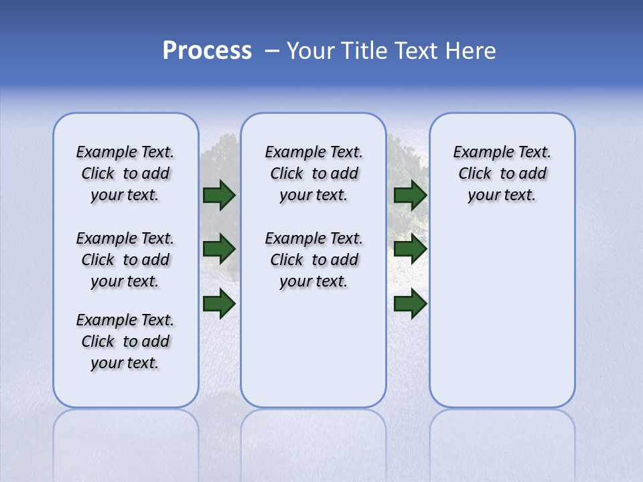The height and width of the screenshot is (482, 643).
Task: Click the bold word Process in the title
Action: coord(207,51)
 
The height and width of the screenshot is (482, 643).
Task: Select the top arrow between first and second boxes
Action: coord(219,195)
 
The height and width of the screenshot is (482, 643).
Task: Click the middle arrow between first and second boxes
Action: coord(219,250)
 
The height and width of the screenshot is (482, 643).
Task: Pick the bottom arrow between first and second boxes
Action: coord(219,304)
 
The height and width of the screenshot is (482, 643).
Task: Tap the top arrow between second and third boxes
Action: coord(411,195)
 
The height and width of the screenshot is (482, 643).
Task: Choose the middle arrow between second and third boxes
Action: coord(411,250)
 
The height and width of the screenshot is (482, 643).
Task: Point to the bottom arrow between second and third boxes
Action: coord(411,304)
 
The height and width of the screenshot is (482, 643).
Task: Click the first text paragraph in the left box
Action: coord(125,173)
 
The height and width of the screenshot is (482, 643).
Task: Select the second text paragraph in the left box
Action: coord(125,260)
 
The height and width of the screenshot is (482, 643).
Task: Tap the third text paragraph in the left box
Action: coord(125,341)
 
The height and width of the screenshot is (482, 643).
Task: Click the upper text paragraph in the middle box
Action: coord(313,173)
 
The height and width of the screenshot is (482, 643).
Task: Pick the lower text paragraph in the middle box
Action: coord(313,260)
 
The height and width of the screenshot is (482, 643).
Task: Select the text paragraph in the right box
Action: coord(502,173)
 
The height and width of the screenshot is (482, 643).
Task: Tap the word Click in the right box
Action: coord(475,174)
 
